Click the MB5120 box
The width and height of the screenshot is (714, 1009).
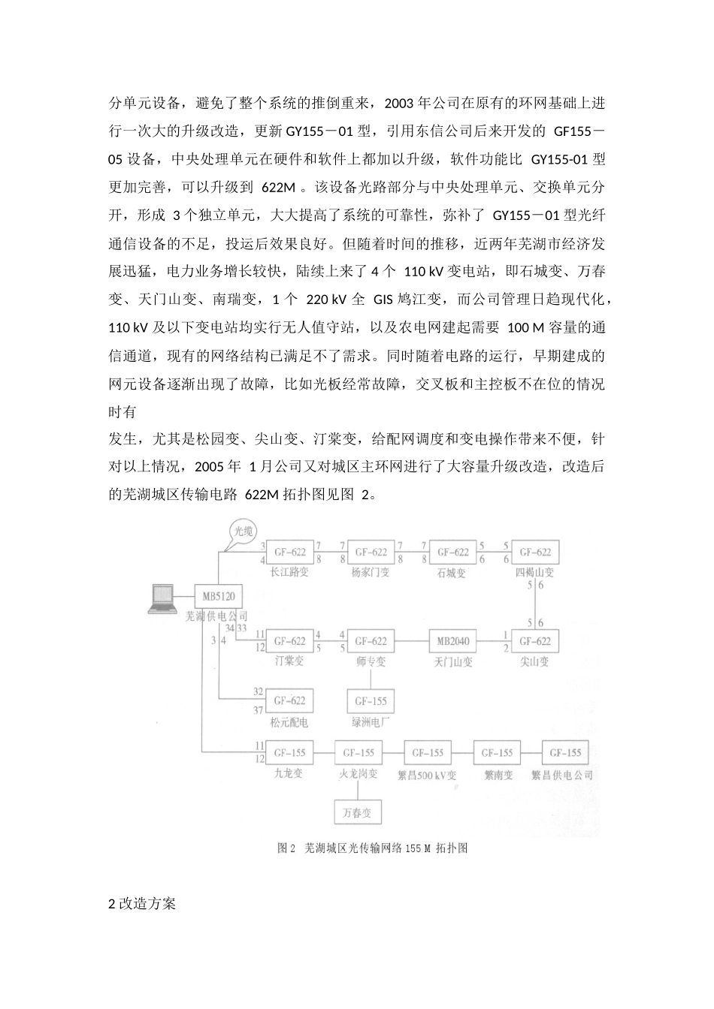(x=219, y=598)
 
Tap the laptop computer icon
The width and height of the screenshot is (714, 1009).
(x=162, y=598)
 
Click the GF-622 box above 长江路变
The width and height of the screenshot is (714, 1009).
(x=289, y=553)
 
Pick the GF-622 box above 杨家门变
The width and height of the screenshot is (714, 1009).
(x=370, y=553)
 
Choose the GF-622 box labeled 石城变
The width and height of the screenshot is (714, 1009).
(x=452, y=553)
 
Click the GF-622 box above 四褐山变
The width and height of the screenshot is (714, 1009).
(x=534, y=553)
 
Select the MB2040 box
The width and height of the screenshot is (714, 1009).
(x=452, y=641)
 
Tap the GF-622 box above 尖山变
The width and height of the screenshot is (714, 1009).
(x=534, y=641)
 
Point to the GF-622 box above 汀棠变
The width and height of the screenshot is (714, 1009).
(x=289, y=641)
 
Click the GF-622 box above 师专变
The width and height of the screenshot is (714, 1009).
(x=370, y=641)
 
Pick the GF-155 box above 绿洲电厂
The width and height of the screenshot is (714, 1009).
(x=370, y=701)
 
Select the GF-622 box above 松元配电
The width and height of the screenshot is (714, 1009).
(x=289, y=700)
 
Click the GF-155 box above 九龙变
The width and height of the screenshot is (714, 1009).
(x=289, y=752)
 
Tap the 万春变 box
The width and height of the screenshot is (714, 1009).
(x=358, y=812)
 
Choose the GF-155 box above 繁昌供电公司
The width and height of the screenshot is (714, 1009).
(x=564, y=752)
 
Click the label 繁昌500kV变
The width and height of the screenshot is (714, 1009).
(x=427, y=775)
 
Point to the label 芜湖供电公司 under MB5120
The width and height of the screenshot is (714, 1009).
(x=216, y=616)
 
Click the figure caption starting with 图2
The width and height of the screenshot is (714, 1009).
(x=373, y=848)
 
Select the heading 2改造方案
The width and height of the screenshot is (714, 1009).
(x=142, y=904)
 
